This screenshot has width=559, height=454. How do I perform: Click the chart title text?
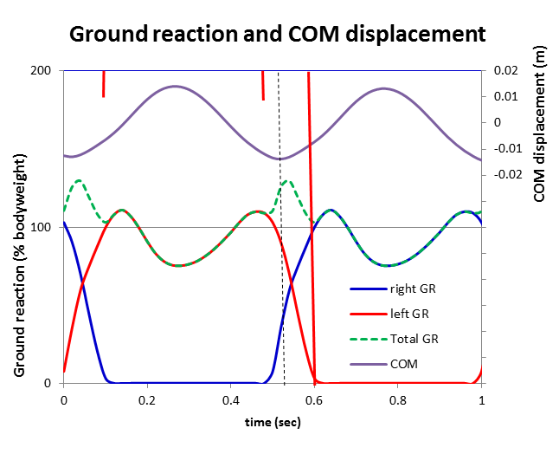point(277,34)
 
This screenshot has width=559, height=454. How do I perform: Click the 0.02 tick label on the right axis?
point(504,71)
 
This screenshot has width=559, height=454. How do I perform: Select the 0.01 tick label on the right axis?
point(504,96)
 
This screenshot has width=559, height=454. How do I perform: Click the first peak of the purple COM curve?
point(176,86)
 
